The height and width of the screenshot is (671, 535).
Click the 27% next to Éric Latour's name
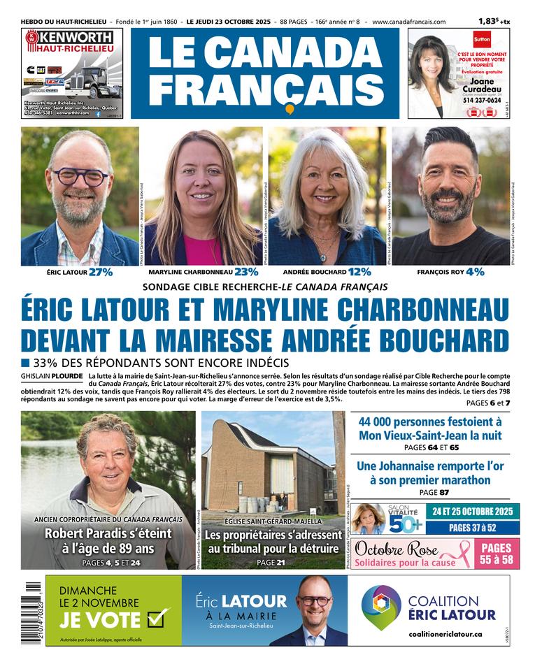pyautogui.click(x=100, y=272)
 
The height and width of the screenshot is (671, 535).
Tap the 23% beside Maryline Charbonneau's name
pyautogui.click(x=246, y=272)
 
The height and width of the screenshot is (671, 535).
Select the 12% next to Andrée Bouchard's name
pyautogui.click(x=359, y=272)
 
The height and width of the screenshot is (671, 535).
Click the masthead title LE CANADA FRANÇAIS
pyautogui.click(x=265, y=69)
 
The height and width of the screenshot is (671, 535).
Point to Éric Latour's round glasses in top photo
pyautogui.click(x=80, y=177)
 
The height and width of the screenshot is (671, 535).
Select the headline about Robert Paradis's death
pyautogui.click(x=108, y=542)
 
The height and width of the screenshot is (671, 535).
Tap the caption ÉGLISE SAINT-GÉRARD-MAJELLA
pyautogui.click(x=273, y=521)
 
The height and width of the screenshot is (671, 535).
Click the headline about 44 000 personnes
pyautogui.click(x=430, y=428)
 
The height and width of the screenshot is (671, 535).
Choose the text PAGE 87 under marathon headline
pyautogui.click(x=429, y=493)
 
